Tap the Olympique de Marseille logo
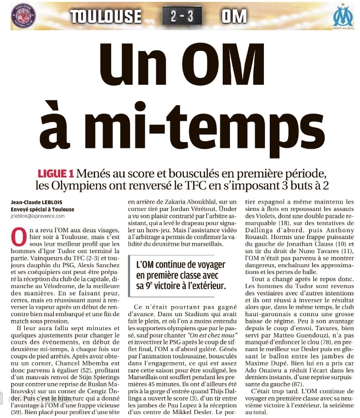343,17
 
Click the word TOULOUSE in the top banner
106,16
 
